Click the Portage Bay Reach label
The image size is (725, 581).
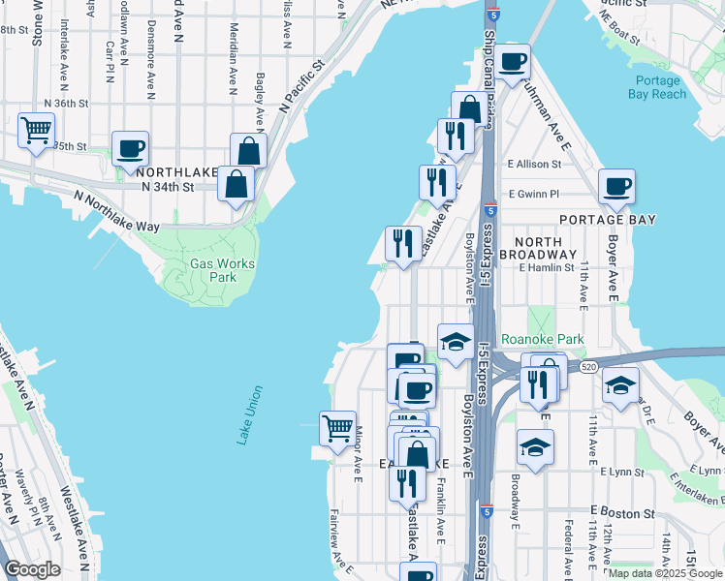point(661,87)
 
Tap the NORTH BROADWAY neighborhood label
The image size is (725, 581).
point(544,248)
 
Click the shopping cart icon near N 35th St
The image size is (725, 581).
point(36,129)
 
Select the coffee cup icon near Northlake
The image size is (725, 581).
point(130,149)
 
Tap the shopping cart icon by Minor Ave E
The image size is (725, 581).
point(337,427)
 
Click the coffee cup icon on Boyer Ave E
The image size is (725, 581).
point(616,186)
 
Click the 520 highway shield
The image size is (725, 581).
point(588,367)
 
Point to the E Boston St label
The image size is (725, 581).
point(622,510)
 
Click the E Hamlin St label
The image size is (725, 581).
point(547,267)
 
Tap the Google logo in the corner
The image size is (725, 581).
point(32,568)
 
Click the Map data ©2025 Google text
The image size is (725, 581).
point(666,573)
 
